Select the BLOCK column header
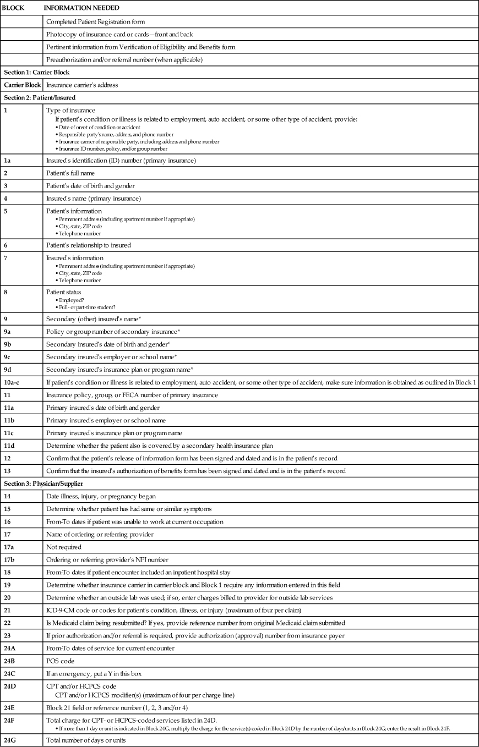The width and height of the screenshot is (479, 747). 14,8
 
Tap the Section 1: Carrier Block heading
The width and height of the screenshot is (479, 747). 36,72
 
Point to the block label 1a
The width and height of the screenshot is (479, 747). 8,161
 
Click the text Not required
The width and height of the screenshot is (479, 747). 64,547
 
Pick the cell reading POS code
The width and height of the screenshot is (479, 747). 61,661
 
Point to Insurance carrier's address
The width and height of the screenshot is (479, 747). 82,85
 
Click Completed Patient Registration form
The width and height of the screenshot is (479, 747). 96,21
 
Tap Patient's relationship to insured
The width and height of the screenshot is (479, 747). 89,245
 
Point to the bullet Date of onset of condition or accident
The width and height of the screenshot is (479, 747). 96,127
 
